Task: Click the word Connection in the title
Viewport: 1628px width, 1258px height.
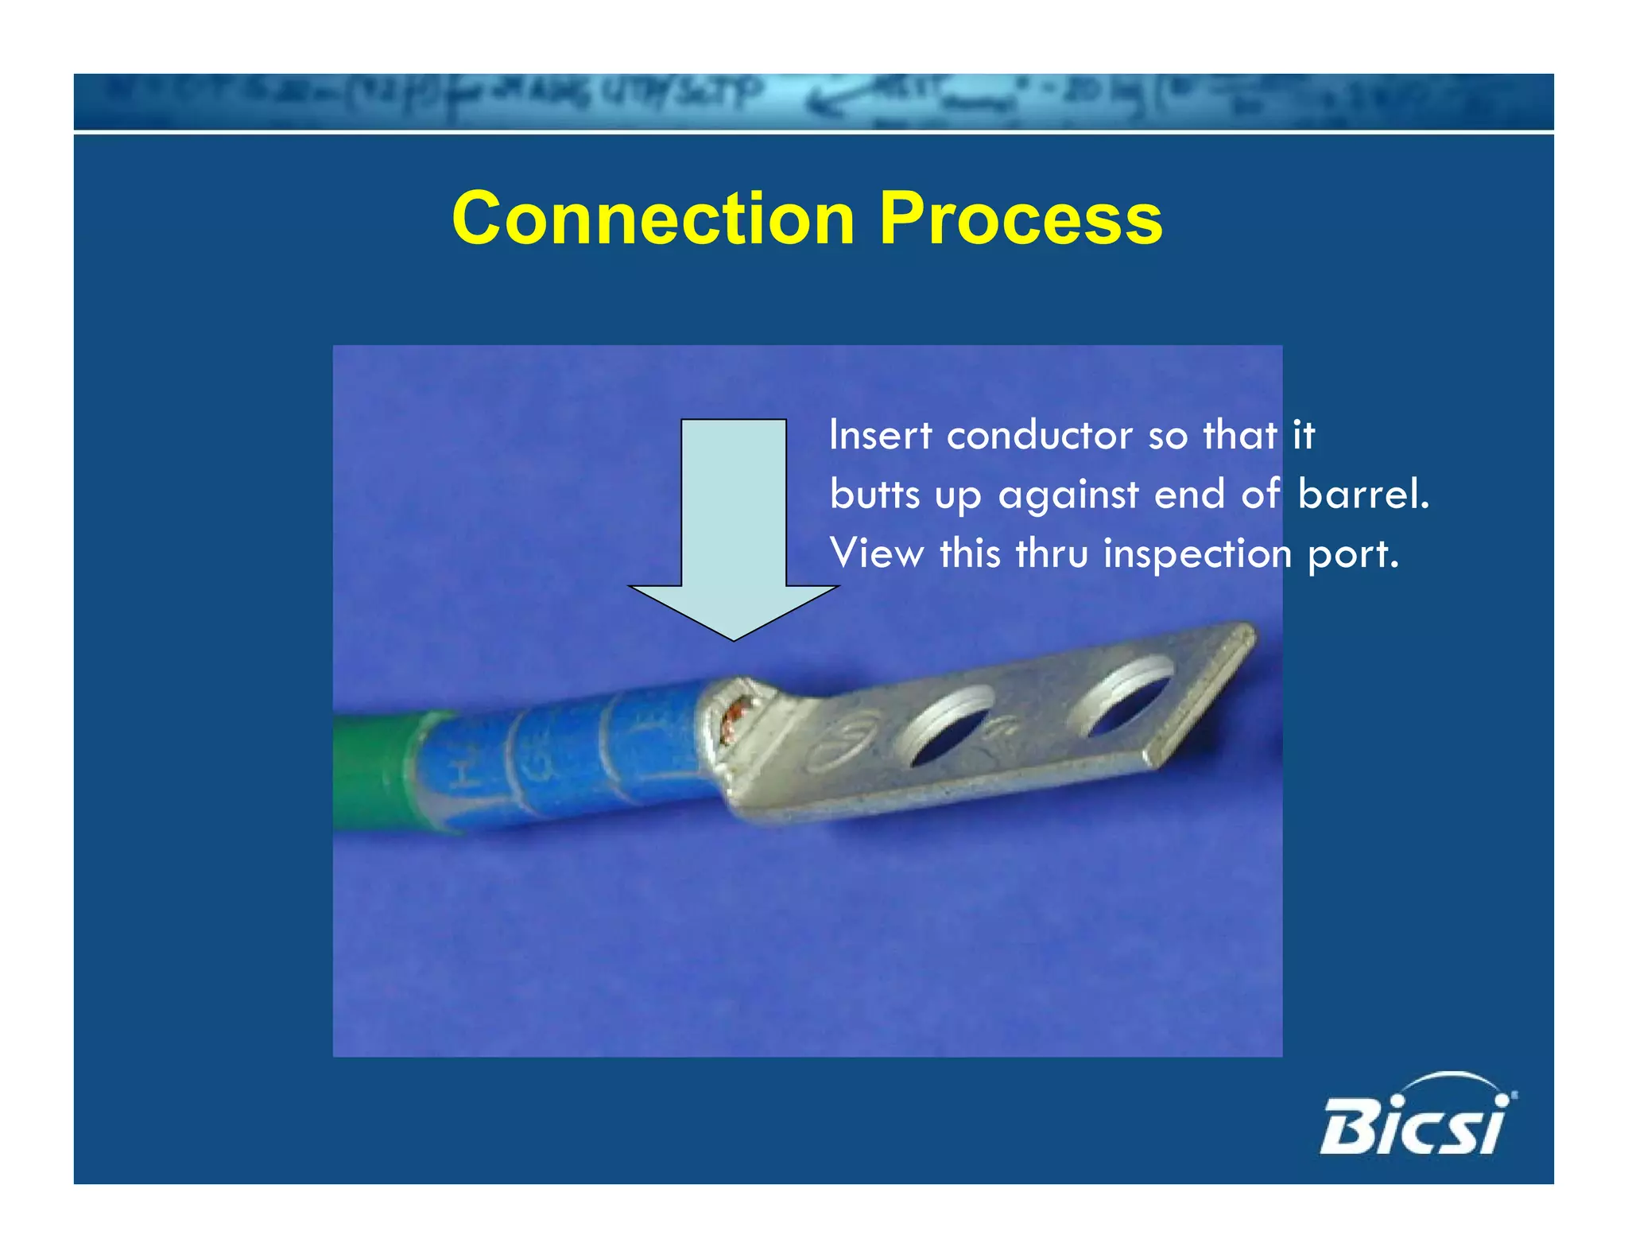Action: [653, 219]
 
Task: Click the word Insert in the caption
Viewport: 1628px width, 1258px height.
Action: [879, 435]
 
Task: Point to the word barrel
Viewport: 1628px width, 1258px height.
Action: [1362, 494]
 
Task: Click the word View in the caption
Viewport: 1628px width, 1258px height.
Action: [876, 553]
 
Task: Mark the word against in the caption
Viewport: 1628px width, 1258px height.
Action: [1068, 495]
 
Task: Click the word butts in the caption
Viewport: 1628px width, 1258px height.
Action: [874, 494]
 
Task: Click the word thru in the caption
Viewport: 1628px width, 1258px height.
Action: [1052, 553]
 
